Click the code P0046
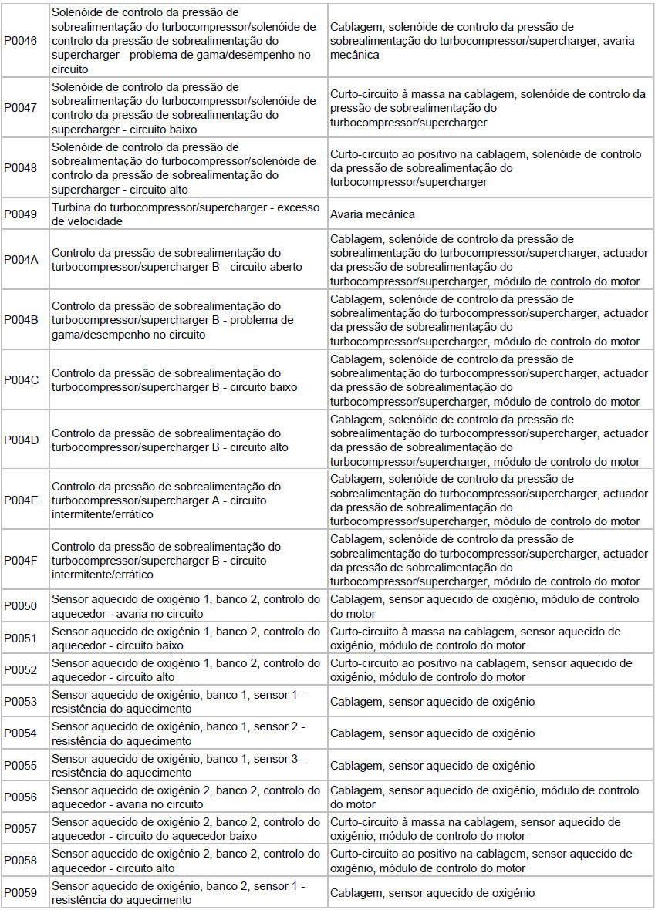[x=21, y=41]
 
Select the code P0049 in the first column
[x=21, y=214]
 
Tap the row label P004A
[x=21, y=259]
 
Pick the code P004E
[x=21, y=500]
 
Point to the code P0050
[x=21, y=606]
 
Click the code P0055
[x=21, y=766]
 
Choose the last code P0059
[x=21, y=893]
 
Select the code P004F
[x=21, y=560]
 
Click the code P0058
[x=21, y=861]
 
